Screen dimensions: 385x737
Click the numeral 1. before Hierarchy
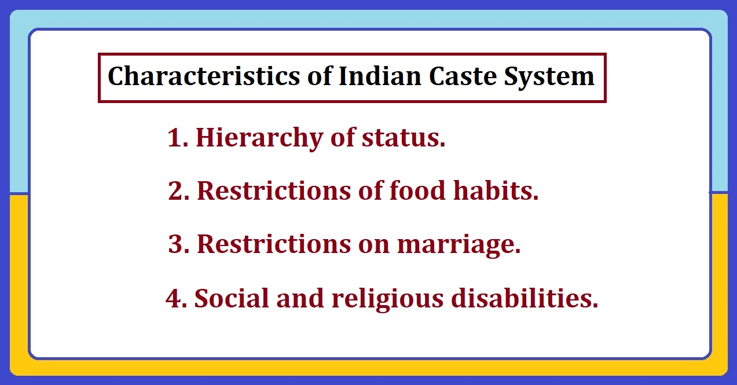point(178,138)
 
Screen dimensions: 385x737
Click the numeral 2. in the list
point(179,191)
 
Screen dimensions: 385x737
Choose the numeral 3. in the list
point(179,244)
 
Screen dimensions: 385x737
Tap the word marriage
point(459,245)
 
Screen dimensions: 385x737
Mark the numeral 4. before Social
point(177,299)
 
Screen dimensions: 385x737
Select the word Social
point(231,299)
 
